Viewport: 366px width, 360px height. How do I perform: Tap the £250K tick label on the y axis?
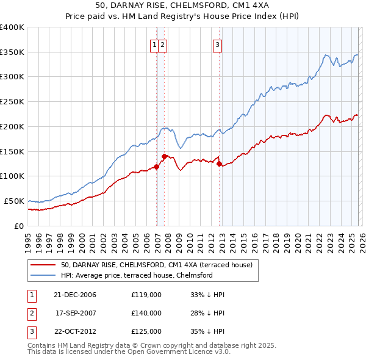tap(12, 101)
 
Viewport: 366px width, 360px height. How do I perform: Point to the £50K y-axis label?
tap(13, 201)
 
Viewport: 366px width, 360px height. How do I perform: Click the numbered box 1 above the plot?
tap(155, 44)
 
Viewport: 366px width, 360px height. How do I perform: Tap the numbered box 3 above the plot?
tap(218, 44)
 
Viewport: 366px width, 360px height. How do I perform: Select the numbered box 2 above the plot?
tap(164, 44)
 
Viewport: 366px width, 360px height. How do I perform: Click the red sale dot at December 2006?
tap(157, 167)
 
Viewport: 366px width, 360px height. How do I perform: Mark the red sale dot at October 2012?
tap(220, 164)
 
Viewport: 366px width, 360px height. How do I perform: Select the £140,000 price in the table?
tap(146, 313)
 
